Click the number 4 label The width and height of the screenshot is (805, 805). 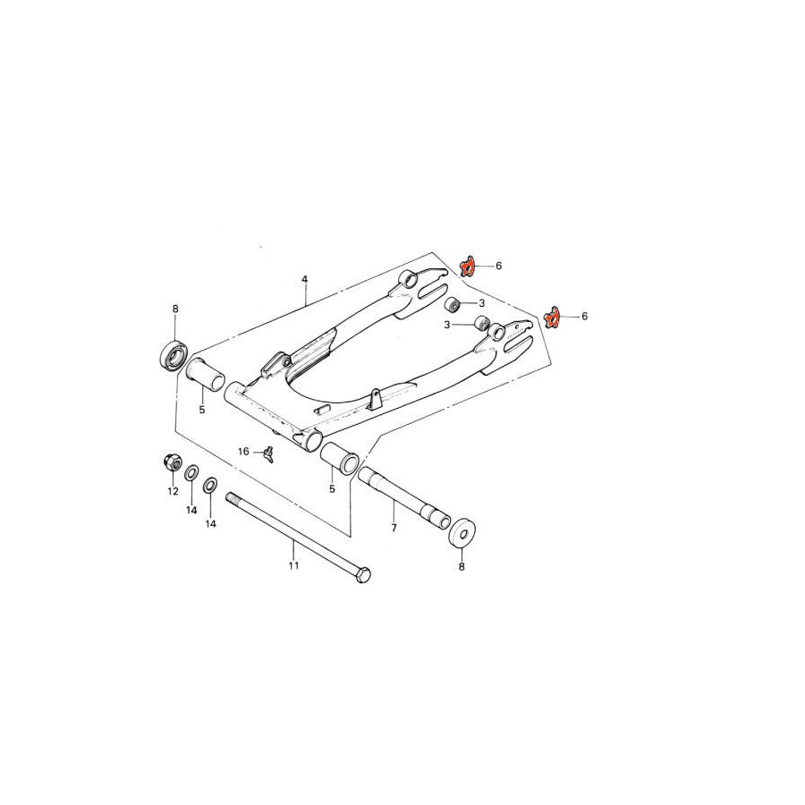[x=304, y=279]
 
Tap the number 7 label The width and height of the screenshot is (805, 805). [x=394, y=527]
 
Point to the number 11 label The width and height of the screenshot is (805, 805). [x=293, y=566]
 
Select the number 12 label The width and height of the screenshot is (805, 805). [x=173, y=491]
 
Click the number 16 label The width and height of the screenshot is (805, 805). [x=243, y=452]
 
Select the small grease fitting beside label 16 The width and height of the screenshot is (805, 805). [x=267, y=453]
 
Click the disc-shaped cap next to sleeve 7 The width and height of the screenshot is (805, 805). [x=462, y=534]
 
